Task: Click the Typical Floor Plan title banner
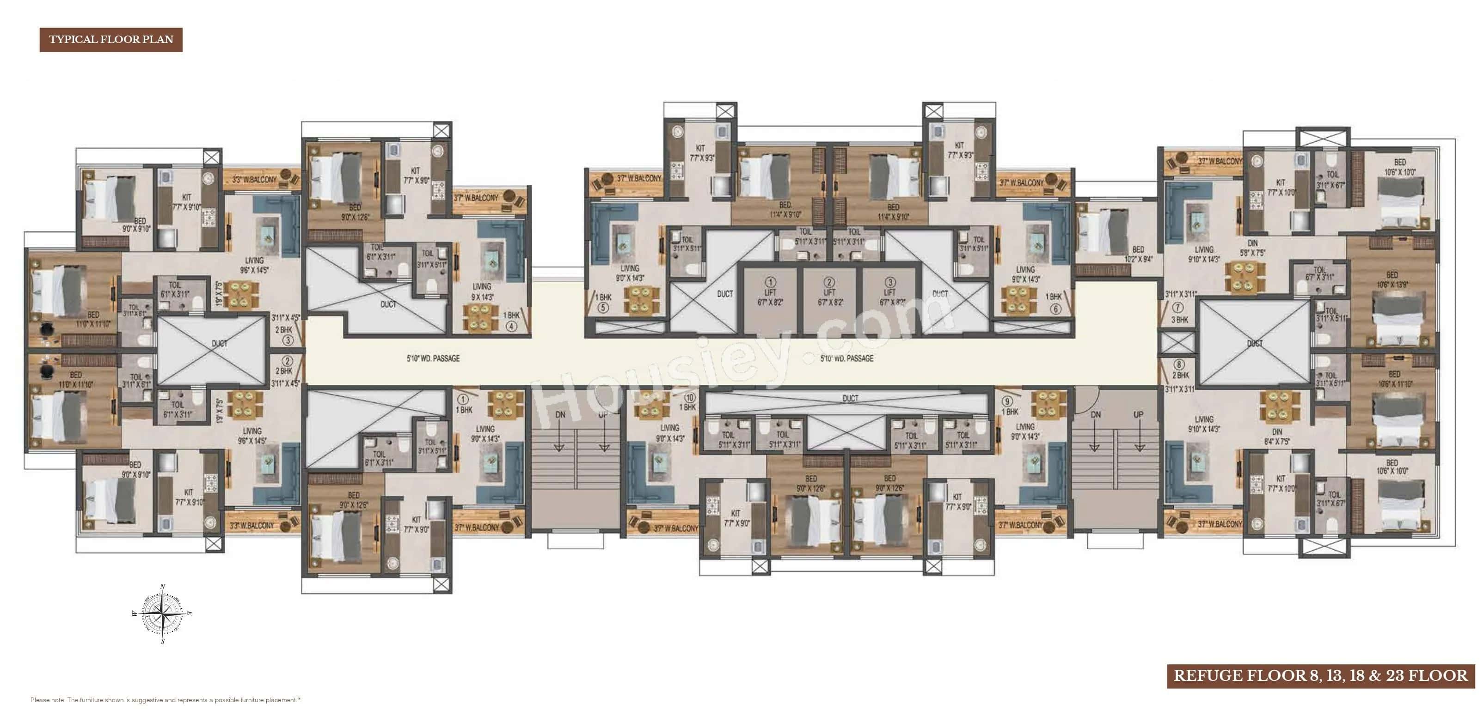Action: [110, 40]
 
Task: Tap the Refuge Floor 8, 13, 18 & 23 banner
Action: [1320, 675]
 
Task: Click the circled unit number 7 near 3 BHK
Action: [1177, 308]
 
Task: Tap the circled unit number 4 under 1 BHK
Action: [511, 326]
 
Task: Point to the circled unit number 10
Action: [690, 397]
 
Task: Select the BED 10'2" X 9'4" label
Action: [1138, 254]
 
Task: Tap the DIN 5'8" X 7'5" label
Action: [1252, 248]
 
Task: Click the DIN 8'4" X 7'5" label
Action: [1276, 437]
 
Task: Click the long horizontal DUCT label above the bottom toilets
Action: [850, 398]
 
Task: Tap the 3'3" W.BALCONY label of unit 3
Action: [254, 180]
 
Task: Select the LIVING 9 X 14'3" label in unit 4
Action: [482, 291]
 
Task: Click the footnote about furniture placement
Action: [166, 700]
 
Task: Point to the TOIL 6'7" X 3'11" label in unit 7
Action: [1319, 273]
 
